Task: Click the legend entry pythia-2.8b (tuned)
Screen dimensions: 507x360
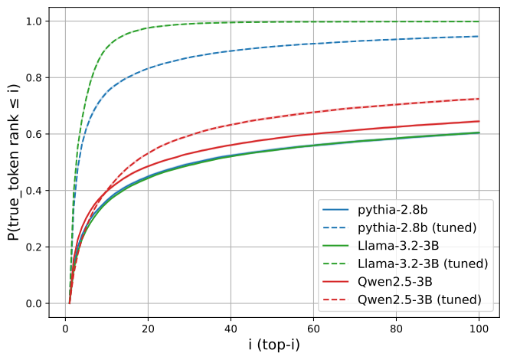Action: coord(417,227)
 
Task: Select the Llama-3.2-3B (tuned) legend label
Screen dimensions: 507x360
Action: coord(423,263)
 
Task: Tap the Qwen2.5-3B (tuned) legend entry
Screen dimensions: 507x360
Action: coord(420,299)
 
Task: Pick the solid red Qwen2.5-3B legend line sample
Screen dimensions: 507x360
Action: coord(335,282)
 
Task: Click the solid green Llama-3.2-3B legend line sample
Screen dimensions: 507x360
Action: coord(335,246)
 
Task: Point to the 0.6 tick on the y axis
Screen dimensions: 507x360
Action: coord(34,134)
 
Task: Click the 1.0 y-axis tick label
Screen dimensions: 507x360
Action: coord(34,21)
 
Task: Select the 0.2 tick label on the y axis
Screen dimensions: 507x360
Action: coord(34,247)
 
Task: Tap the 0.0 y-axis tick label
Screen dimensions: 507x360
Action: coord(34,303)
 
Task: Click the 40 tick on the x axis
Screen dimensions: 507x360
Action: coord(231,329)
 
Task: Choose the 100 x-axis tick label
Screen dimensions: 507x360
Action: coord(479,329)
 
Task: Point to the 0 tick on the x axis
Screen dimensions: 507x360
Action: coord(65,329)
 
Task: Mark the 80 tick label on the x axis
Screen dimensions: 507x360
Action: coord(396,329)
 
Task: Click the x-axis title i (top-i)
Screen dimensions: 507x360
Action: coord(274,345)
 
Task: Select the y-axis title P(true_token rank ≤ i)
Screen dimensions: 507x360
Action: coord(14,162)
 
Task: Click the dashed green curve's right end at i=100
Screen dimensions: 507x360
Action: coord(479,21)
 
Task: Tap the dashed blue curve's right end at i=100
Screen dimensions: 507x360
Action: coord(478,36)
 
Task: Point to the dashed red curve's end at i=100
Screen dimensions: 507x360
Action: coord(479,99)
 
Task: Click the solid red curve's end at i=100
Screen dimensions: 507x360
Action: coord(479,121)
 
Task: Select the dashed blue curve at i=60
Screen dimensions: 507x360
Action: coord(313,44)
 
